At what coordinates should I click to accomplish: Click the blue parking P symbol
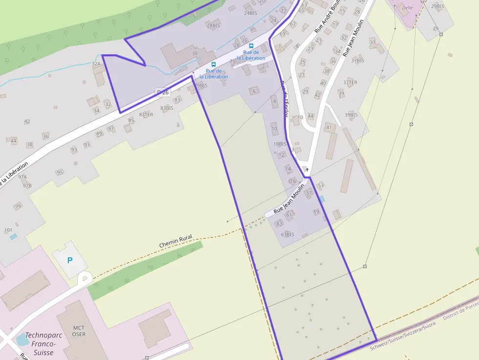[x=69, y=260]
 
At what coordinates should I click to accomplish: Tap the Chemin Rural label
[x=175, y=240]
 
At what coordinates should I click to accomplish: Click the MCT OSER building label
[x=79, y=331]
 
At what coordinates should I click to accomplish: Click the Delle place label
[x=407, y=8]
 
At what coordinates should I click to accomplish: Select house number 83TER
[x=146, y=115]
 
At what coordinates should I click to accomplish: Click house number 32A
[x=96, y=64]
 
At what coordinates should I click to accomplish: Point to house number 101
[x=8, y=230]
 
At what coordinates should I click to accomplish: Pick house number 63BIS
[x=287, y=234]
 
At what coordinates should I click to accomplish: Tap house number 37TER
[x=350, y=83]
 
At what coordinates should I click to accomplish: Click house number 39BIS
[x=351, y=115]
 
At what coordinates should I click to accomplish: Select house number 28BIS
[x=214, y=25]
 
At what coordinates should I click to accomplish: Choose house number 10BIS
[x=280, y=144]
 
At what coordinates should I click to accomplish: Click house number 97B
[x=27, y=186]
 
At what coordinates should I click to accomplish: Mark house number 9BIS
[x=202, y=85]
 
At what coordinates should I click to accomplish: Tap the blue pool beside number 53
[x=321, y=199]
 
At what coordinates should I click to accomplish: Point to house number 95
[x=60, y=172]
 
